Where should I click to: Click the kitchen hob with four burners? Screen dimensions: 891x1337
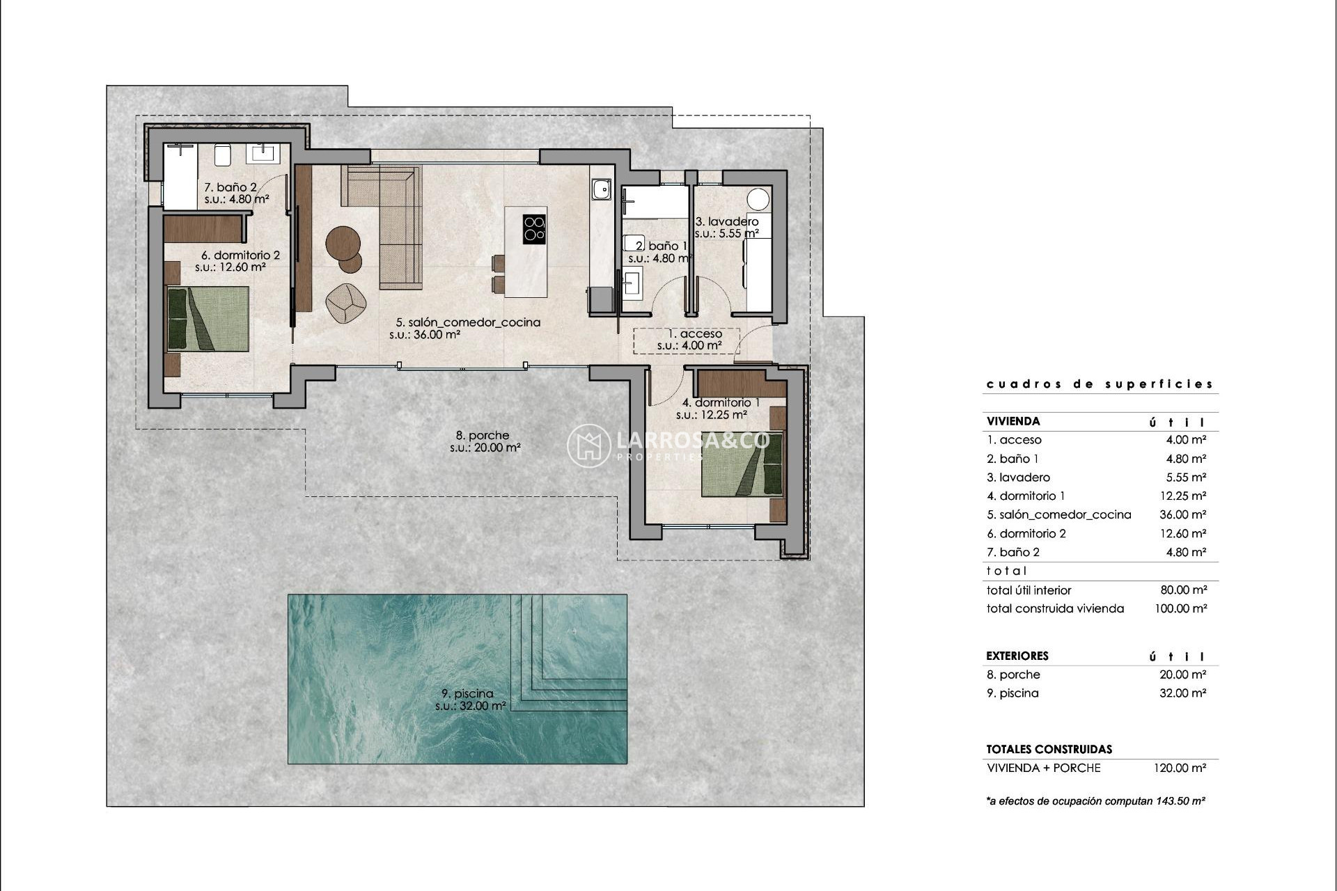(534, 229)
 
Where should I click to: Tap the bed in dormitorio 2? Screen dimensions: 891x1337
(208, 319)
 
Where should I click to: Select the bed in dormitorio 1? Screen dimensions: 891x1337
(742, 464)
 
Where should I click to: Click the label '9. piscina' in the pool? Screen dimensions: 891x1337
(467, 693)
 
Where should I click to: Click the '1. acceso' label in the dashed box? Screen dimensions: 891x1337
(689, 334)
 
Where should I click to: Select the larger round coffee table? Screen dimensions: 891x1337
(343, 243)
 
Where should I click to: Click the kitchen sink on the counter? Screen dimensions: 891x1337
(601, 189)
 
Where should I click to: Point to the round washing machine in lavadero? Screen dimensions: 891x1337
(758, 198)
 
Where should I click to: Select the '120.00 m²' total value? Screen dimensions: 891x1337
(1180, 768)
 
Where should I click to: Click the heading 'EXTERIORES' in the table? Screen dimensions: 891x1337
(1017, 656)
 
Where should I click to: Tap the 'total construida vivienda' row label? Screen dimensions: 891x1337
(1055, 608)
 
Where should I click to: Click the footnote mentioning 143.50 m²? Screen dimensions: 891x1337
(1095, 801)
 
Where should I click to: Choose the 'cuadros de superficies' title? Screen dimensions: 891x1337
(1100, 384)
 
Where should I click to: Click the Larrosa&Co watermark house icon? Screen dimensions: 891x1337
(588, 445)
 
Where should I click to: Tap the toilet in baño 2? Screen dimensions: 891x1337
(222, 155)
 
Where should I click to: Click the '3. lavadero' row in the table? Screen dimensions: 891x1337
(1018, 478)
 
